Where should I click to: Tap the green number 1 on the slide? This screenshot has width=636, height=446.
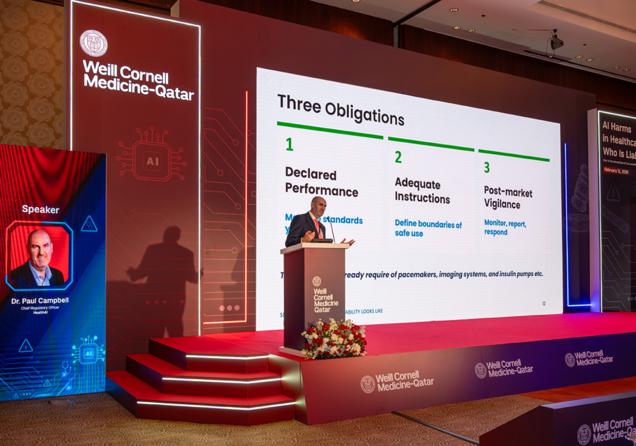coord(289,145)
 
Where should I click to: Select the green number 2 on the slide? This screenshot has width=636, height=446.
coord(398,157)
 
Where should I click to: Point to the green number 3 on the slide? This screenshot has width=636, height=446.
coord(486,167)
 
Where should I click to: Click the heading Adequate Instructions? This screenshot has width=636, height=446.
coord(422,191)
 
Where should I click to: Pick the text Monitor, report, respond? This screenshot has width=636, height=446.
coord(505,228)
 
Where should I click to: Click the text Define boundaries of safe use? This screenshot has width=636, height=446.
coord(428,229)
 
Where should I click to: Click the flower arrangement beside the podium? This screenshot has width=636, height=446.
coord(334,339)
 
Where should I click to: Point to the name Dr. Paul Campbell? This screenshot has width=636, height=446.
coord(40,301)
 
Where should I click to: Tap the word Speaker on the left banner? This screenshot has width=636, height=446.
coord(40,209)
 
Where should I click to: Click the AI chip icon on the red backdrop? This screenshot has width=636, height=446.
coord(151,161)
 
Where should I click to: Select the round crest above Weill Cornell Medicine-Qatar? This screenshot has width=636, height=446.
coord(93,43)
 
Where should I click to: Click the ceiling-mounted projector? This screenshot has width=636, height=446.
coord(556,42)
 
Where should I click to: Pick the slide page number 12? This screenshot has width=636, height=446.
coord(543,304)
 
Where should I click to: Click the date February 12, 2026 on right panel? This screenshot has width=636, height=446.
coord(615,170)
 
